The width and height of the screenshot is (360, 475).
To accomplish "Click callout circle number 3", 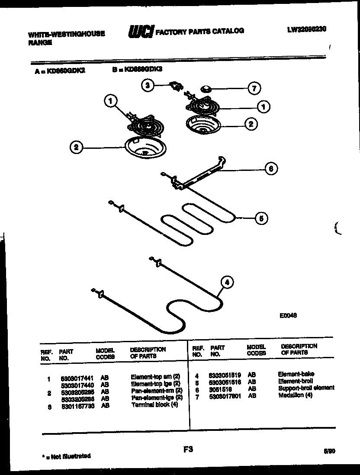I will tap(148, 86).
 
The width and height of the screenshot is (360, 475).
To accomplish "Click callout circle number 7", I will tap(254, 89).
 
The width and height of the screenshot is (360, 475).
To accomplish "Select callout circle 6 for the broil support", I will tap(271, 169).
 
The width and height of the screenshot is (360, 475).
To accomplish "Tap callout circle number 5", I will tap(260, 218).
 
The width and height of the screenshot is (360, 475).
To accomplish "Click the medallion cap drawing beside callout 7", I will tap(206, 90).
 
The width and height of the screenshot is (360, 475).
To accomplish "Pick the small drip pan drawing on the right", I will tap(202, 124).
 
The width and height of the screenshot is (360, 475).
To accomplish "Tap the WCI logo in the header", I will tap(141, 32).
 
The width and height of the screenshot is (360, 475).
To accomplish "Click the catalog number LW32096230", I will tap(306, 29).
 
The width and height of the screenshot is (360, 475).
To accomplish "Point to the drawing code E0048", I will tap(288, 315).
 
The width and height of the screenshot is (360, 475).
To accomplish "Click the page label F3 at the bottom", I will tap(188, 450).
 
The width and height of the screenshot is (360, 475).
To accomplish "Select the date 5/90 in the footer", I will tap(329, 451).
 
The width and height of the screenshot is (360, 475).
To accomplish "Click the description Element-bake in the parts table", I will tap(296, 374).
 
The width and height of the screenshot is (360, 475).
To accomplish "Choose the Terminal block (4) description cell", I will tap(154, 404).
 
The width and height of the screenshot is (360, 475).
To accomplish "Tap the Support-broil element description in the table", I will tap(306, 388).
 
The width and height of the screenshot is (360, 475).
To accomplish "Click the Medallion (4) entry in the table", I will tap(295, 395).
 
